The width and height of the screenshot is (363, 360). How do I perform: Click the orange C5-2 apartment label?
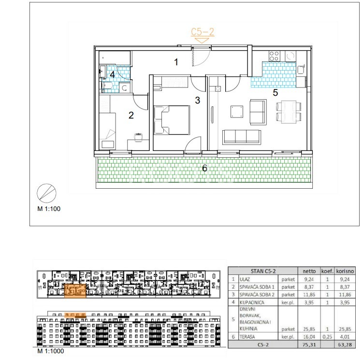203,32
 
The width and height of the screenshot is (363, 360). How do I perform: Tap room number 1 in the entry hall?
176,62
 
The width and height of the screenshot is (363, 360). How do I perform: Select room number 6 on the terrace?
204,168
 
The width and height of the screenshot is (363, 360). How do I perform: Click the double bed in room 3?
172,120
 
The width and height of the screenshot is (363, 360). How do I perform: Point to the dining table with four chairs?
289,111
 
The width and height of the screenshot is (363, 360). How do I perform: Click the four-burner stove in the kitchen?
275,56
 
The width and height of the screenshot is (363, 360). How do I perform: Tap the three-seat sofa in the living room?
242,137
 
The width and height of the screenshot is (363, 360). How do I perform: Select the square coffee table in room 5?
237,111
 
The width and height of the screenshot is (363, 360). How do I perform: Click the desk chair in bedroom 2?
138,137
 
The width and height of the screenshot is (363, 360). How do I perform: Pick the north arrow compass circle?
46,194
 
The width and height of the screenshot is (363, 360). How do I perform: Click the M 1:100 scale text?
49,209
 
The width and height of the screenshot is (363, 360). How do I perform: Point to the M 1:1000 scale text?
51,351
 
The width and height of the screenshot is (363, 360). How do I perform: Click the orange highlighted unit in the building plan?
75,290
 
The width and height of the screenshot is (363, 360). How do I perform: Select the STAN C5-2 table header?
263,271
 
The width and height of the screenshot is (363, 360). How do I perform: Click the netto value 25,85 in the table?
309,329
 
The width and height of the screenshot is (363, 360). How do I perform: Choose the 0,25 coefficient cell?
327,337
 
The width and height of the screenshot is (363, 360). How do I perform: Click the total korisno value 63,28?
345,345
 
